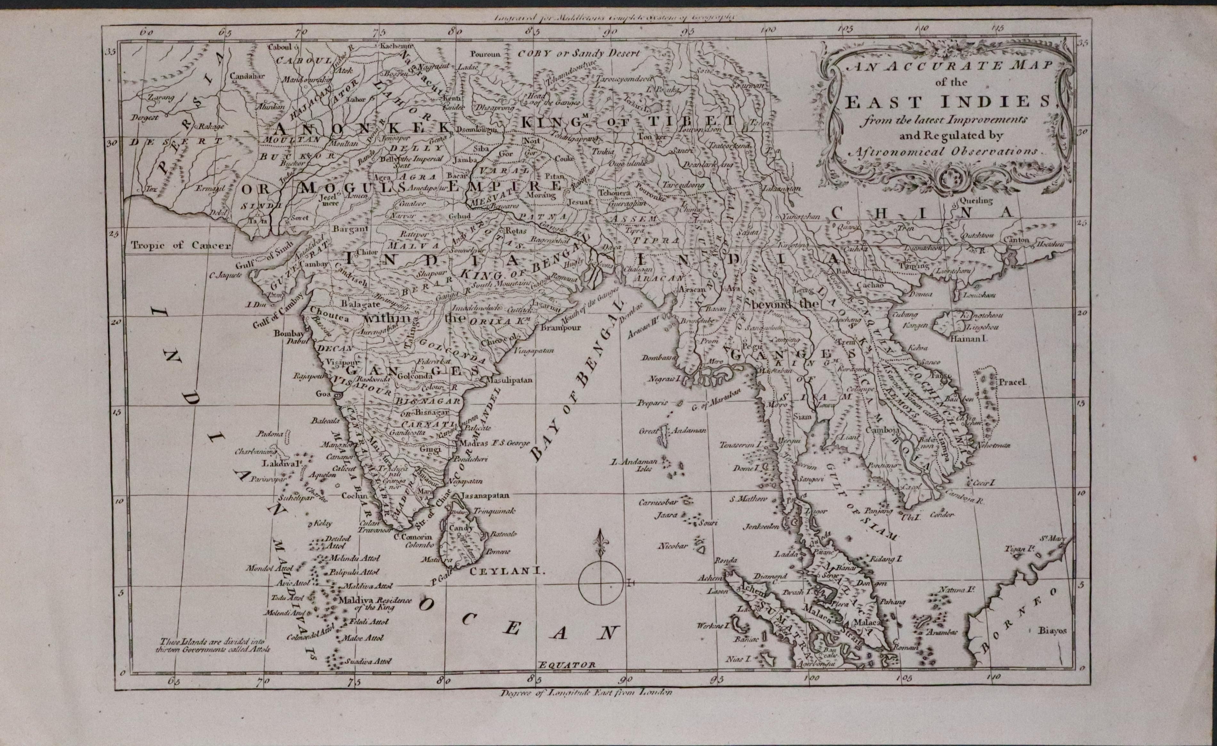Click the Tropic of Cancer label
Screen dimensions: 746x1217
pos(181,245)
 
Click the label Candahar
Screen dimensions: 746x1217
pos(248,77)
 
